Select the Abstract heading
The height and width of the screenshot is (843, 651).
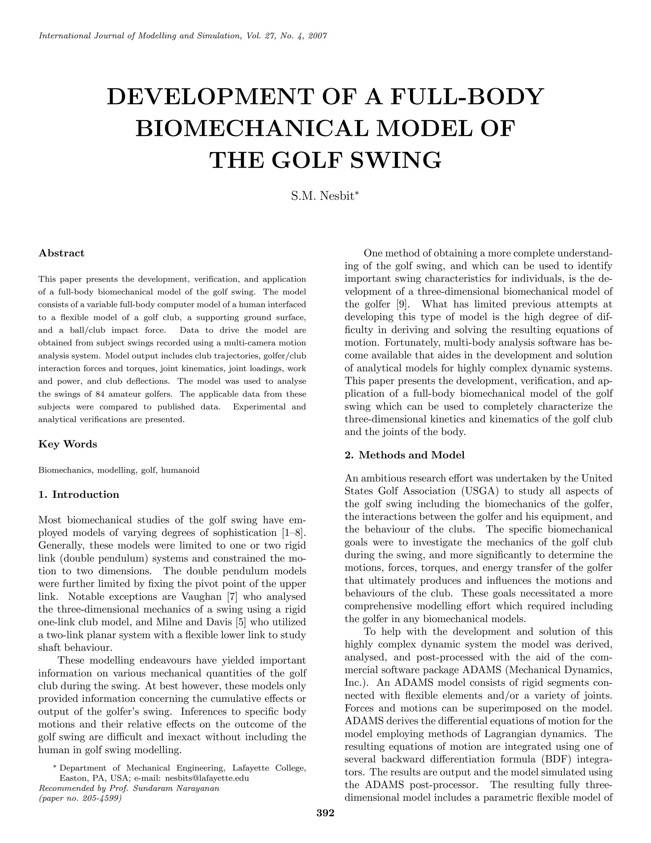tap(61, 253)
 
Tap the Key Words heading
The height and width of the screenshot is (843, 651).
tap(68, 444)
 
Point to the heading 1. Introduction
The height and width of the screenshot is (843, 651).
tap(79, 495)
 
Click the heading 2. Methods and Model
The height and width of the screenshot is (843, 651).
tap(405, 455)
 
